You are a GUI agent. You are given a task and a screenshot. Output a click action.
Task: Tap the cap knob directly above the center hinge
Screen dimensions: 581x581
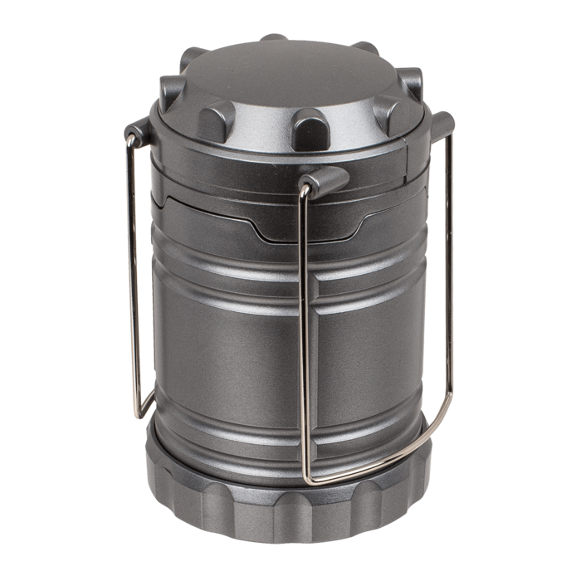pyautogui.click(x=310, y=129)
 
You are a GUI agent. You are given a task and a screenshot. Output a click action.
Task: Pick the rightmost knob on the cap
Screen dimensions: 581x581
pyautogui.click(x=411, y=83)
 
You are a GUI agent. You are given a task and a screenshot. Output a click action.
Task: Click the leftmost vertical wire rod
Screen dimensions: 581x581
pyautogui.click(x=130, y=274)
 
